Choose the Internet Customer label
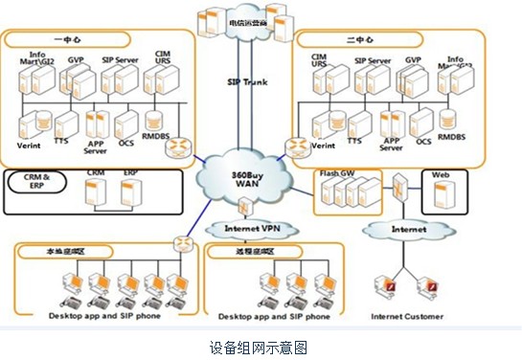(x=407, y=316)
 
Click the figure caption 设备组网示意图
(x=260, y=347)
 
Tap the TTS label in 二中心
(x=354, y=140)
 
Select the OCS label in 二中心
(x=422, y=141)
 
